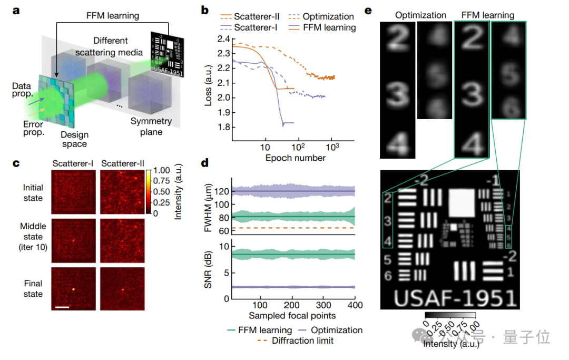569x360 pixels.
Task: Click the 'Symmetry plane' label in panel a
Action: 151,127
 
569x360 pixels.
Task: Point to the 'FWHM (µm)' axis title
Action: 209,211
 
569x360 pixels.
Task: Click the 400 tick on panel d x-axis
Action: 355,305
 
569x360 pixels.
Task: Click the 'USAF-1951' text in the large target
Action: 455,298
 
